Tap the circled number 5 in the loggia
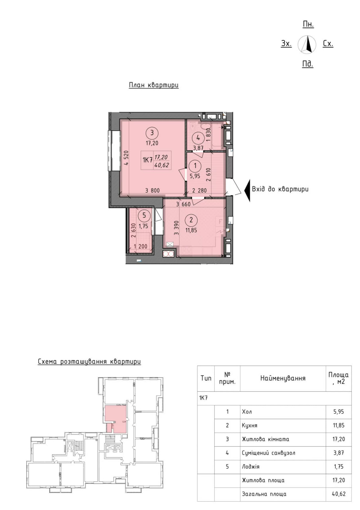(x=144, y=216)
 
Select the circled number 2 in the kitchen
(x=191, y=220)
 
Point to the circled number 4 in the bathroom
(x=198, y=138)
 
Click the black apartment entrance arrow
(x=247, y=190)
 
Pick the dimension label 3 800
(x=153, y=190)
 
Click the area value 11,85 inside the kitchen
(x=191, y=230)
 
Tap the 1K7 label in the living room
(x=147, y=160)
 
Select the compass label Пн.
(x=308, y=25)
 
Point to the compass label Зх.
(x=286, y=43)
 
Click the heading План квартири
(x=154, y=85)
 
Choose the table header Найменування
(x=283, y=378)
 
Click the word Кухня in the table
(x=250, y=425)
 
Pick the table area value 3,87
(x=339, y=453)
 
